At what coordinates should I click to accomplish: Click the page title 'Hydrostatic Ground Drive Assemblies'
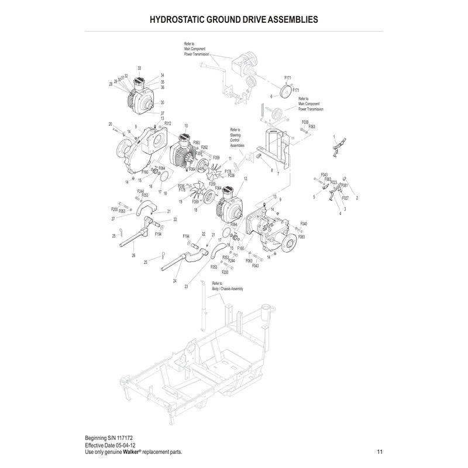tap(234, 19)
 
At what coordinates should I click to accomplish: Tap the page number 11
tap(380, 452)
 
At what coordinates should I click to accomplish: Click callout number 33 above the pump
tap(139, 68)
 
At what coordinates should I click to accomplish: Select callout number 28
tap(110, 84)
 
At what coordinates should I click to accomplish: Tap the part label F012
tap(167, 123)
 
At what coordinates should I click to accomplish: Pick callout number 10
tap(186, 126)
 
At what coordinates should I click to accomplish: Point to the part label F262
tap(205, 147)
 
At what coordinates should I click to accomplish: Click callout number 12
tap(246, 178)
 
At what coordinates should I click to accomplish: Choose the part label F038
tap(305, 122)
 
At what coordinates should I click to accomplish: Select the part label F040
tap(304, 224)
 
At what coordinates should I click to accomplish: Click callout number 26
tap(133, 255)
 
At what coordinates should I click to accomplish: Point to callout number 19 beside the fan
tap(181, 201)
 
